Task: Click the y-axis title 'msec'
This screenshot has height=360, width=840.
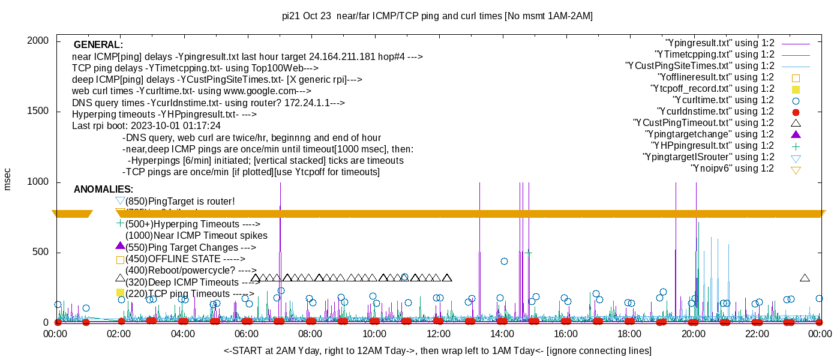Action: coord(8,179)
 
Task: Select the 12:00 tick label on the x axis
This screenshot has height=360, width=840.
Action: coord(438,334)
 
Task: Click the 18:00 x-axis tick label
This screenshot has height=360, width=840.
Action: coord(629,334)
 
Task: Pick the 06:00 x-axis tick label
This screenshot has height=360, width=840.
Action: coord(247,334)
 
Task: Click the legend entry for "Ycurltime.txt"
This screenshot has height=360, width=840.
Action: coord(724,100)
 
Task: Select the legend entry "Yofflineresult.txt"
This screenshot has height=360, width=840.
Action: coord(716,77)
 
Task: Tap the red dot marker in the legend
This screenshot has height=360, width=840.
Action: coord(796,112)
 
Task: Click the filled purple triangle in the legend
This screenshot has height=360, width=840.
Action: coord(796,134)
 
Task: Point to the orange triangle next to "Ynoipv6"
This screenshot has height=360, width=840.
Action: coord(796,170)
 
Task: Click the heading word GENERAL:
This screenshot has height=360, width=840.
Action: coord(98,45)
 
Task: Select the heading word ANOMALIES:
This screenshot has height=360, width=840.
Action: coord(104,190)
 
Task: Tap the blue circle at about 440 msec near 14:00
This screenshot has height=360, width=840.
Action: coord(504,261)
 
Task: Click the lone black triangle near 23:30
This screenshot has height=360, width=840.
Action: coord(805,278)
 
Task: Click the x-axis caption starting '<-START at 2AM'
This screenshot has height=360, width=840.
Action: coord(437,350)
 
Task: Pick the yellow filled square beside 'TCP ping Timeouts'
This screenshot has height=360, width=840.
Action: coord(120,293)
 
